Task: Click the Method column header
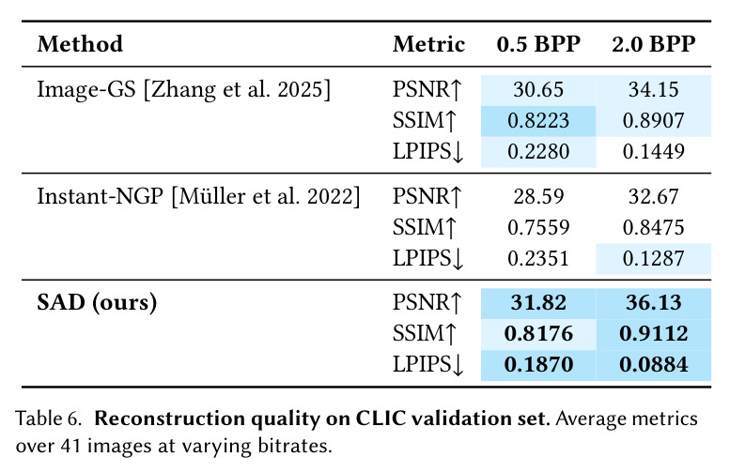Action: point(80,44)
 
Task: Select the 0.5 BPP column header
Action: point(538,44)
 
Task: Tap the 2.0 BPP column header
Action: point(654,44)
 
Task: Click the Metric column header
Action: point(428,44)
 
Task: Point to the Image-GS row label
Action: point(184,89)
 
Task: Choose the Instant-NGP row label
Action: point(199,196)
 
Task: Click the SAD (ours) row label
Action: point(97,303)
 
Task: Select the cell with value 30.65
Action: point(538,90)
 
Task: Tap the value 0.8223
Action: point(538,121)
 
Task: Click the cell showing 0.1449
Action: point(654,152)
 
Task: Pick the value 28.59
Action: point(538,197)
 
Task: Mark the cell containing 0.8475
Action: point(654,227)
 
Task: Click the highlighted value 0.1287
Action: point(654,259)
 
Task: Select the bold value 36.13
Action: point(654,303)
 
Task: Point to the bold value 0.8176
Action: point(538,334)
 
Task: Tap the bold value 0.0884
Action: point(654,365)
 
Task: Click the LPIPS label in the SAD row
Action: point(428,365)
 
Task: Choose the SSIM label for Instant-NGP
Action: point(425,227)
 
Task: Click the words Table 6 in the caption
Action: point(49,419)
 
